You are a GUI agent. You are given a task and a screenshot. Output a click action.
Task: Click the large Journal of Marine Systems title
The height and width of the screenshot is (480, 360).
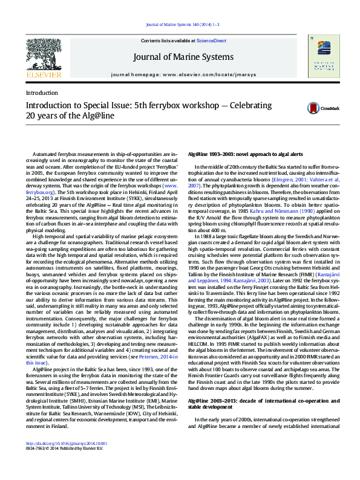tap(180, 57)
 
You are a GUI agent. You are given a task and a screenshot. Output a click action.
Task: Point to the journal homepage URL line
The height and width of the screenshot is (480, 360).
tap(180, 74)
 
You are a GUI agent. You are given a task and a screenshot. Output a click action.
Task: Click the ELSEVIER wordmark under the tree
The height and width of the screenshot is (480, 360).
tap(43, 74)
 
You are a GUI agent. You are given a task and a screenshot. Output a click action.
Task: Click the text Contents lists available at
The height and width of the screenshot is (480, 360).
tap(168, 40)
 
